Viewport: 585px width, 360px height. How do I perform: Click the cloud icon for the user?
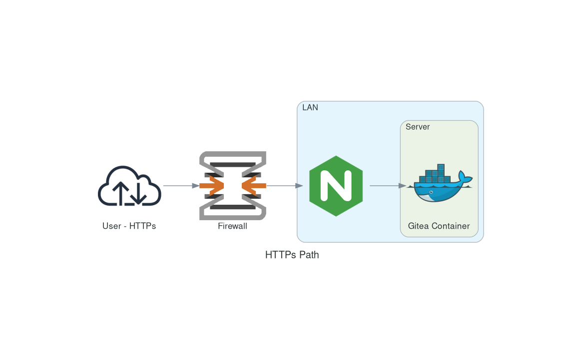[129, 185]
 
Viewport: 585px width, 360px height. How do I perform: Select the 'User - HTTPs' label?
[129, 226]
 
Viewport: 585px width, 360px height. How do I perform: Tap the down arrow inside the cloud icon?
[139, 194]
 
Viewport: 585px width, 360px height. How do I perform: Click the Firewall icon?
[232, 185]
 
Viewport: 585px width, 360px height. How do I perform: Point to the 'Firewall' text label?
[232, 226]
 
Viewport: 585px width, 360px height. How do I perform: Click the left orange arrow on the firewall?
[212, 186]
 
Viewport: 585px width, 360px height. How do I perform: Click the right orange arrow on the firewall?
[253, 186]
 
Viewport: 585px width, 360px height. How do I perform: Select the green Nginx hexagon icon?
[336, 186]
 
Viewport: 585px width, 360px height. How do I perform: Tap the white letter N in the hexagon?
[336, 186]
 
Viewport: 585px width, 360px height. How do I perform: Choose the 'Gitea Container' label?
[439, 226]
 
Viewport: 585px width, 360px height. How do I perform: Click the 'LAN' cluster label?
[310, 107]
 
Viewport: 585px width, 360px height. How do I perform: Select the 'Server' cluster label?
[418, 127]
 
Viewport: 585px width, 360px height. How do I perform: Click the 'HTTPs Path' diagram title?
[292, 255]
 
